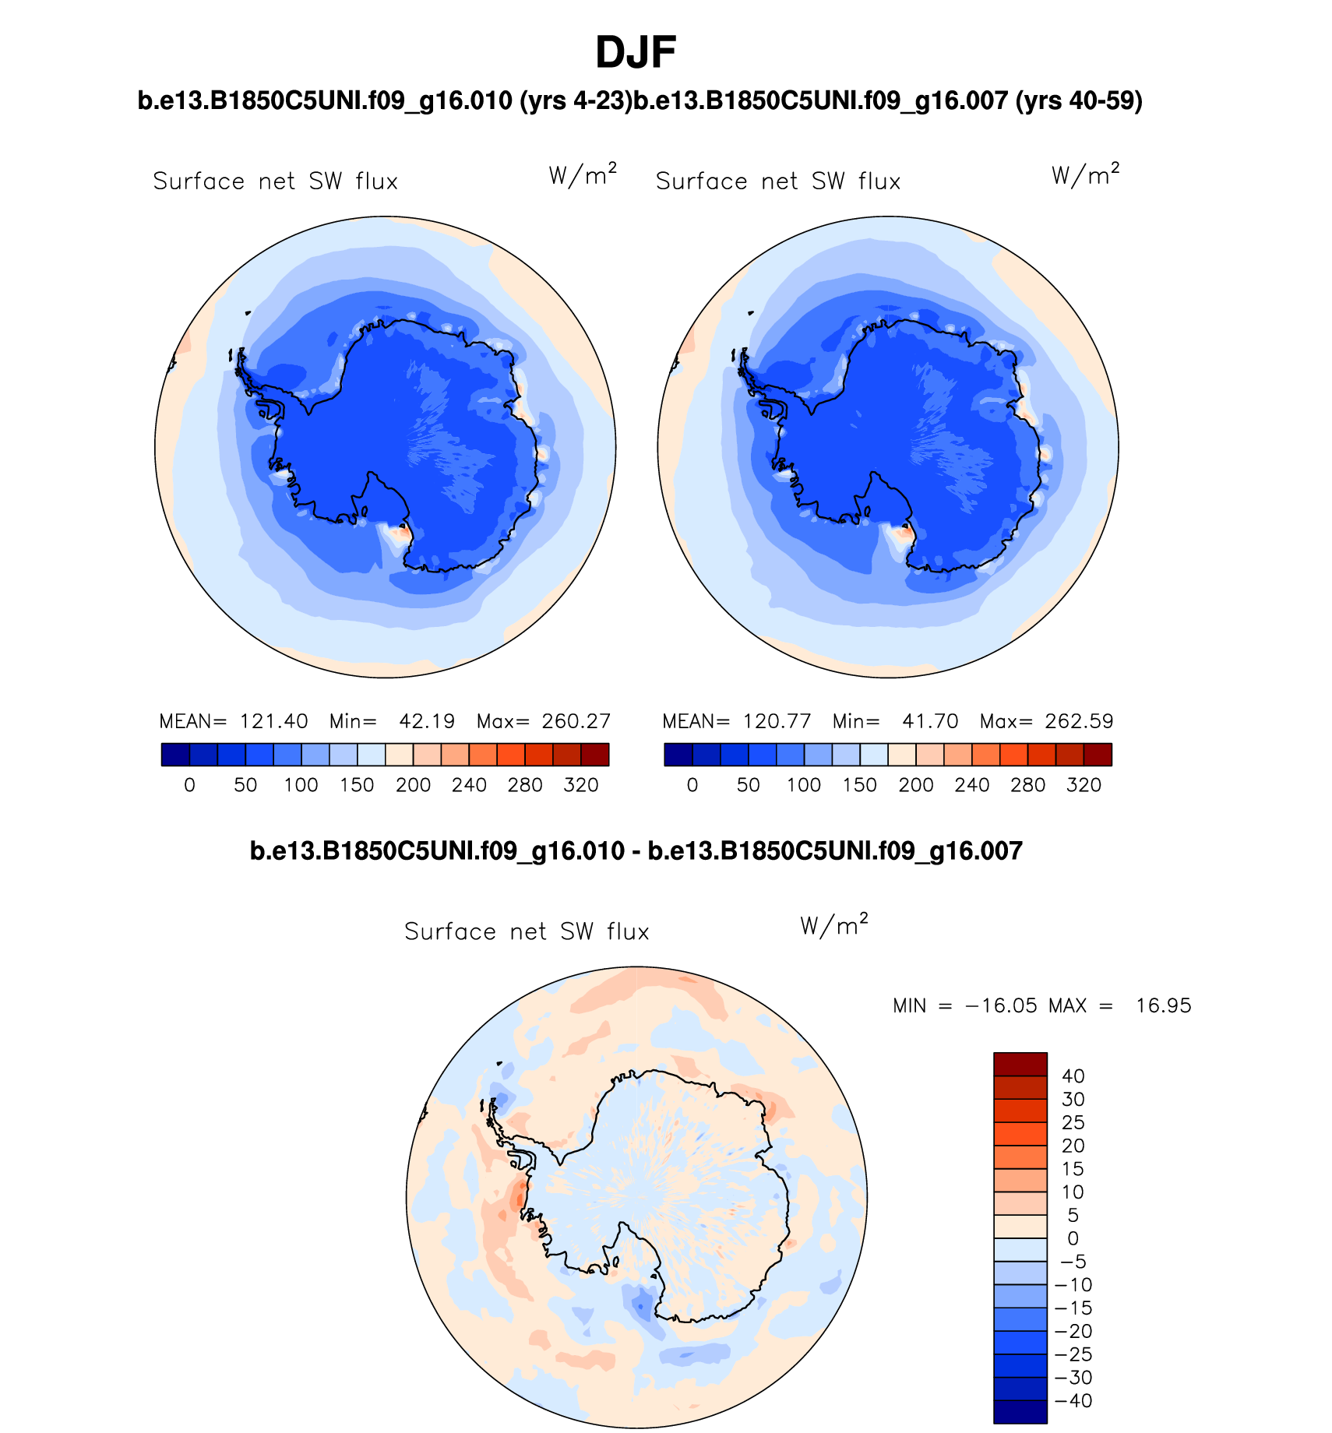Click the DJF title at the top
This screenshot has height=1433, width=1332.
636,53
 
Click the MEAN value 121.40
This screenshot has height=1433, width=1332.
273,721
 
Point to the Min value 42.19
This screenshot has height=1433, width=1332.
427,721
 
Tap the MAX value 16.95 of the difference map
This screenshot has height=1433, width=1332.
1163,1005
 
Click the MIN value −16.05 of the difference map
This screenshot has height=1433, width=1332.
1001,1005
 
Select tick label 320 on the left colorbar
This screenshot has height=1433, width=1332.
580,785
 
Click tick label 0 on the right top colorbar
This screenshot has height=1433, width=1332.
692,785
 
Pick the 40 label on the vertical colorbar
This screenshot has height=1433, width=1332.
1073,1076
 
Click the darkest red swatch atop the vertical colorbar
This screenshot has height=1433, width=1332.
1020,1064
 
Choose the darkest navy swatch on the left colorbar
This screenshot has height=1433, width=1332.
175,755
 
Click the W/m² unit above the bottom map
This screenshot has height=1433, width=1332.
833,924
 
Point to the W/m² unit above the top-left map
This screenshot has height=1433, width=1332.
583,174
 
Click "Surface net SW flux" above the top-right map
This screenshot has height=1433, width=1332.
778,181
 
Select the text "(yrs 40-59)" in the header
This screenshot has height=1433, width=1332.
1079,100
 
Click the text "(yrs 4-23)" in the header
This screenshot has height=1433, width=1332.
576,100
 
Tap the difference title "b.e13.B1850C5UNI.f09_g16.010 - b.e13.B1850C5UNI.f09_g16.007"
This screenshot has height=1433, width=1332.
636,850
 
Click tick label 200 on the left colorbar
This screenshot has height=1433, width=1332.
413,785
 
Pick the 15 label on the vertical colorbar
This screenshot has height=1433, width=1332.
1073,1169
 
